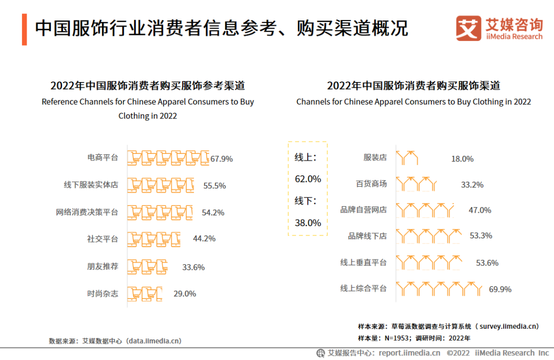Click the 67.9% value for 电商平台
(x=222, y=158)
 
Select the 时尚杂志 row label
(x=102, y=294)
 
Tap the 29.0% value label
(x=185, y=294)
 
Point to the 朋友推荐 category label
(x=102, y=267)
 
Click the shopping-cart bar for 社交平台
(x=154, y=239)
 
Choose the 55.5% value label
(x=214, y=186)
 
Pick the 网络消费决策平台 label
(x=87, y=212)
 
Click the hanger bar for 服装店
(x=407, y=157)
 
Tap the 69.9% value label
(x=500, y=289)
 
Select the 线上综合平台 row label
(x=363, y=289)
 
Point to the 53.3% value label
(x=481, y=235)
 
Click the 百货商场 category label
(x=371, y=184)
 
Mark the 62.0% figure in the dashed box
(x=308, y=179)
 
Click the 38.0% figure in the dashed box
(x=308, y=223)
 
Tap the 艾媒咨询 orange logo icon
(x=469, y=29)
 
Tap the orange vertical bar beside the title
(x=24, y=30)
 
